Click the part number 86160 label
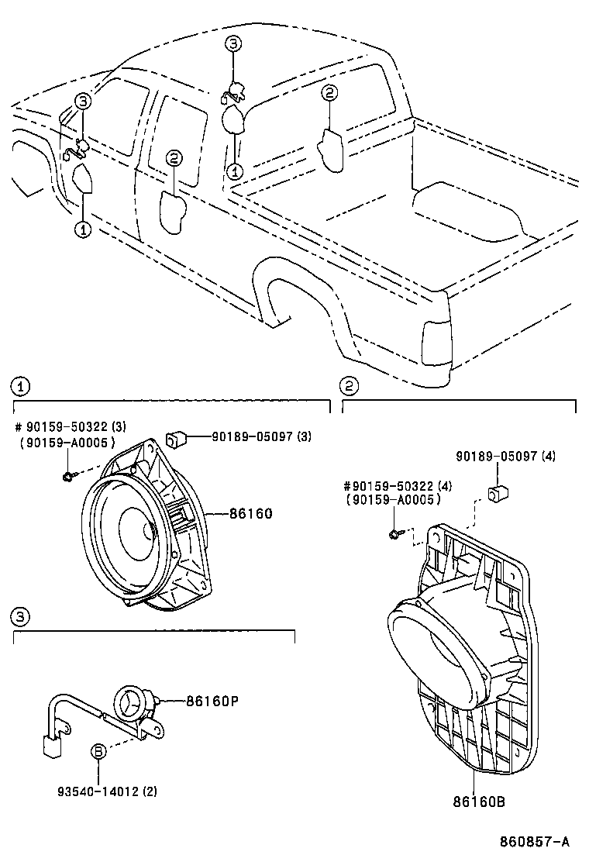[x=250, y=513]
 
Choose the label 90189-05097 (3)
[x=261, y=436]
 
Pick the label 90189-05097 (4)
[x=505, y=457]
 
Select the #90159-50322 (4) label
[x=396, y=486]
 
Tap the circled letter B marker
[x=98, y=750]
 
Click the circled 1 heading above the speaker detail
[x=20, y=385]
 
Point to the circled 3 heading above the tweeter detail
[x=20, y=616]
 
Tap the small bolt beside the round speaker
[x=69, y=474]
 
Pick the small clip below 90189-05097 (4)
[x=497, y=494]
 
